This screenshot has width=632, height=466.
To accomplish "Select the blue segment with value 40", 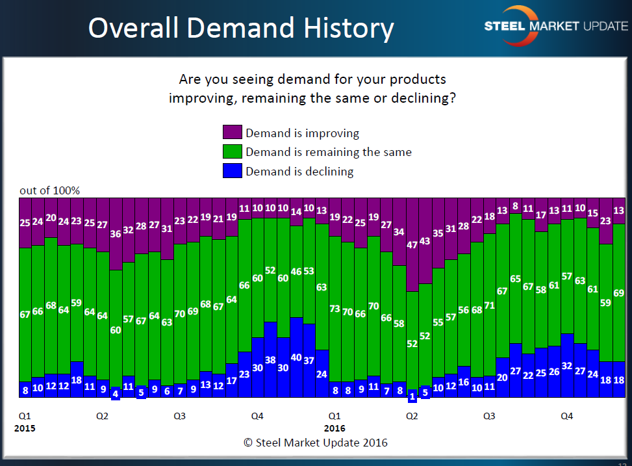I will (x=296, y=357).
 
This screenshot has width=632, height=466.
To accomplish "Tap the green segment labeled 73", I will (x=335, y=309).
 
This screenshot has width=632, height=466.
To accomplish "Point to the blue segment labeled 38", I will (x=270, y=359).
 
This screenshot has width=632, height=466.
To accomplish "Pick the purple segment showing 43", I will (x=425, y=241).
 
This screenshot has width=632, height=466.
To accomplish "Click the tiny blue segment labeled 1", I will (x=412, y=396).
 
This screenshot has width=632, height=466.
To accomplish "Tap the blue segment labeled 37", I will (x=309, y=360).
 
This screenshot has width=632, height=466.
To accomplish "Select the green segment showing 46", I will (x=296, y=272).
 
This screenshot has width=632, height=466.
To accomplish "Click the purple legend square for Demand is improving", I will (x=233, y=133).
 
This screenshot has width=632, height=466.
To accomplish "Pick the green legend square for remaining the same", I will (x=233, y=152).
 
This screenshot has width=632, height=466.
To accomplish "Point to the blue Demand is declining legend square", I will (x=233, y=171).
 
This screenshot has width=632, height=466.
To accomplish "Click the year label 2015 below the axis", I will (x=25, y=428).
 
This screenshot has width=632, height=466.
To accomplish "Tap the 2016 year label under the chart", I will (x=335, y=428).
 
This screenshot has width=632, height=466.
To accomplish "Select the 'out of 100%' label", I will (x=49, y=190).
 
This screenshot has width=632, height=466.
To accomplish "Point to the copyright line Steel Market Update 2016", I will (x=316, y=443).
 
